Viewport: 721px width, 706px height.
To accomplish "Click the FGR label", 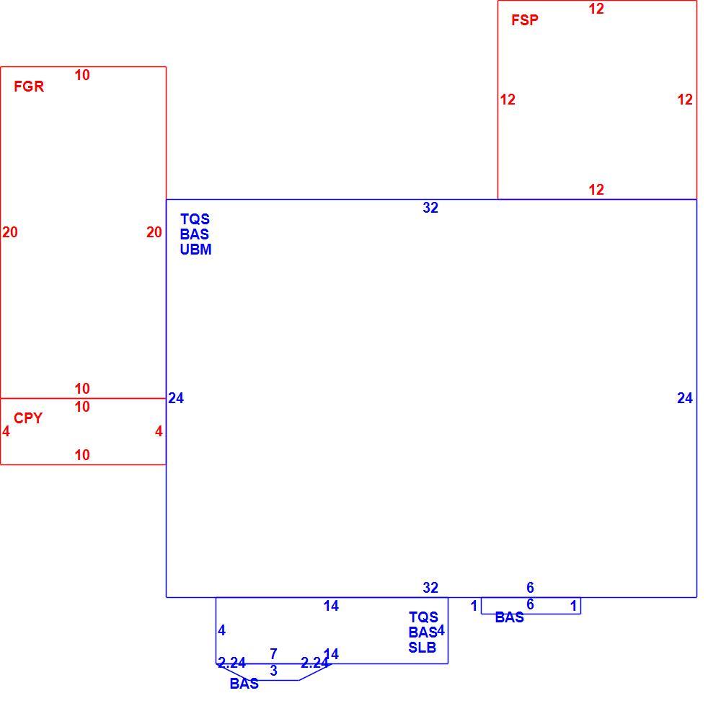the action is click(x=29, y=87).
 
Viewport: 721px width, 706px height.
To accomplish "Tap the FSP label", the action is click(x=525, y=20).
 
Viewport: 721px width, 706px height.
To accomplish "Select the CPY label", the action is click(x=28, y=418).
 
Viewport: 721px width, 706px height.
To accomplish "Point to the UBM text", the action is click(x=195, y=250).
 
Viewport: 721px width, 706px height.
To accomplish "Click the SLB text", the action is click(x=422, y=648).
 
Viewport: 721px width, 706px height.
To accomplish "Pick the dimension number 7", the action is click(x=273, y=653).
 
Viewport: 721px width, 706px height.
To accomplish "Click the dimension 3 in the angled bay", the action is click(x=273, y=671).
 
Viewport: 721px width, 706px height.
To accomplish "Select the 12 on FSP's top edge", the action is click(x=596, y=9).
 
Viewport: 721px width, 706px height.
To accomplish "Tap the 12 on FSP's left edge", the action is click(x=508, y=100).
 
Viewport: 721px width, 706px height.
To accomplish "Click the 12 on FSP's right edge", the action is click(x=685, y=100).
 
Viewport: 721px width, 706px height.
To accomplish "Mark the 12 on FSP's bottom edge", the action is click(x=596, y=190).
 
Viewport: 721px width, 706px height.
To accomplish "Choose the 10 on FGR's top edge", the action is click(x=82, y=75).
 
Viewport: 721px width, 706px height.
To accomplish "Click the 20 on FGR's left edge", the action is click(x=9, y=232).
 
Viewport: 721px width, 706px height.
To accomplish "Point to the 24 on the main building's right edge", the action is click(x=685, y=398).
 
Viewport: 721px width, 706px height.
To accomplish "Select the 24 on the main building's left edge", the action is click(x=176, y=398).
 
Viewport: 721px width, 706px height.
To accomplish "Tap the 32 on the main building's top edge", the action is click(x=430, y=208).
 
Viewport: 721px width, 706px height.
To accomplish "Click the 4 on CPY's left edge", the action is click(x=6, y=431).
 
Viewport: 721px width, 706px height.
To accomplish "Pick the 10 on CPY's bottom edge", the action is click(x=82, y=455).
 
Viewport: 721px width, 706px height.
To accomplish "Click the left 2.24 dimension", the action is click(x=231, y=663).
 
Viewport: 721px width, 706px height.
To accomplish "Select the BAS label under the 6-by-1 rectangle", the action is click(x=509, y=617).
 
